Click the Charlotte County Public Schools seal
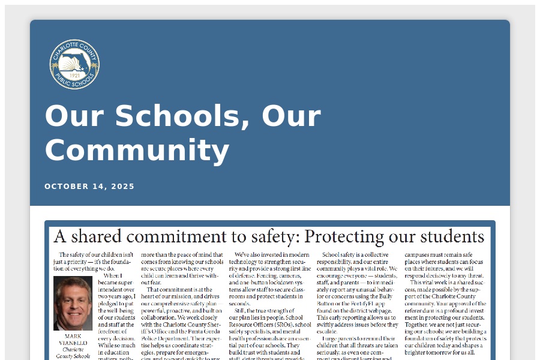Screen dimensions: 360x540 click(x=74, y=64)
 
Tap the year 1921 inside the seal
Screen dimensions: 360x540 click(x=74, y=76)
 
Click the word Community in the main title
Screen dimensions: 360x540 click(x=137, y=150)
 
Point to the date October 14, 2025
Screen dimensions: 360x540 click(x=89, y=187)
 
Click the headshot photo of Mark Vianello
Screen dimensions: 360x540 click(x=73, y=303)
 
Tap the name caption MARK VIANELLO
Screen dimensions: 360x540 click(x=73, y=339)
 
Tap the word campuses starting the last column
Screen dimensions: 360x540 click(x=421, y=254)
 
